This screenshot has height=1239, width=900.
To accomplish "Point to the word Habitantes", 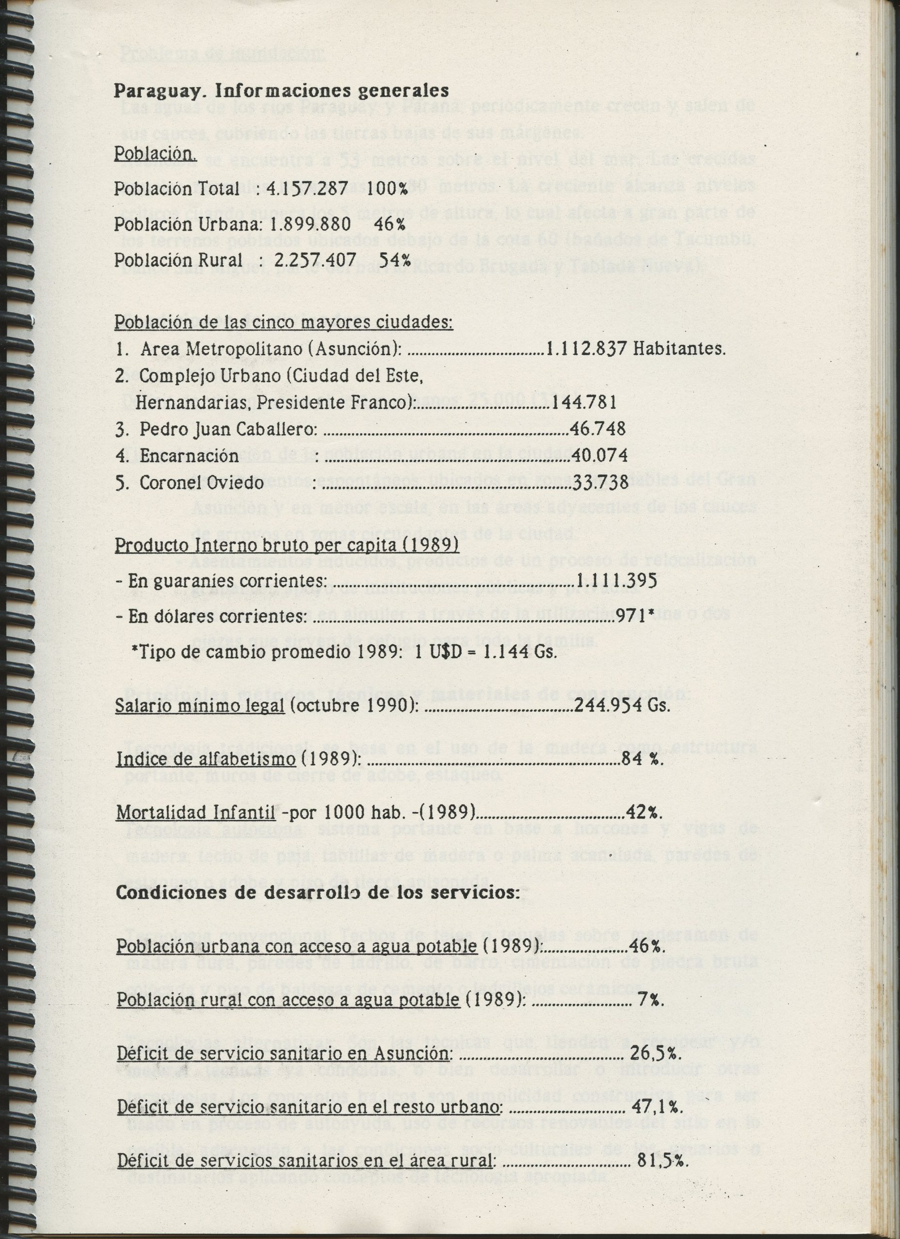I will tap(679, 348).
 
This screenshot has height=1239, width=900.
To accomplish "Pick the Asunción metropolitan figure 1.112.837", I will tap(586, 348).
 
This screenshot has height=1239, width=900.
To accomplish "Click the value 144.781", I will tap(584, 403).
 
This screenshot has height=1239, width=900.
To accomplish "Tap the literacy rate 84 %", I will tap(642, 758).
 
